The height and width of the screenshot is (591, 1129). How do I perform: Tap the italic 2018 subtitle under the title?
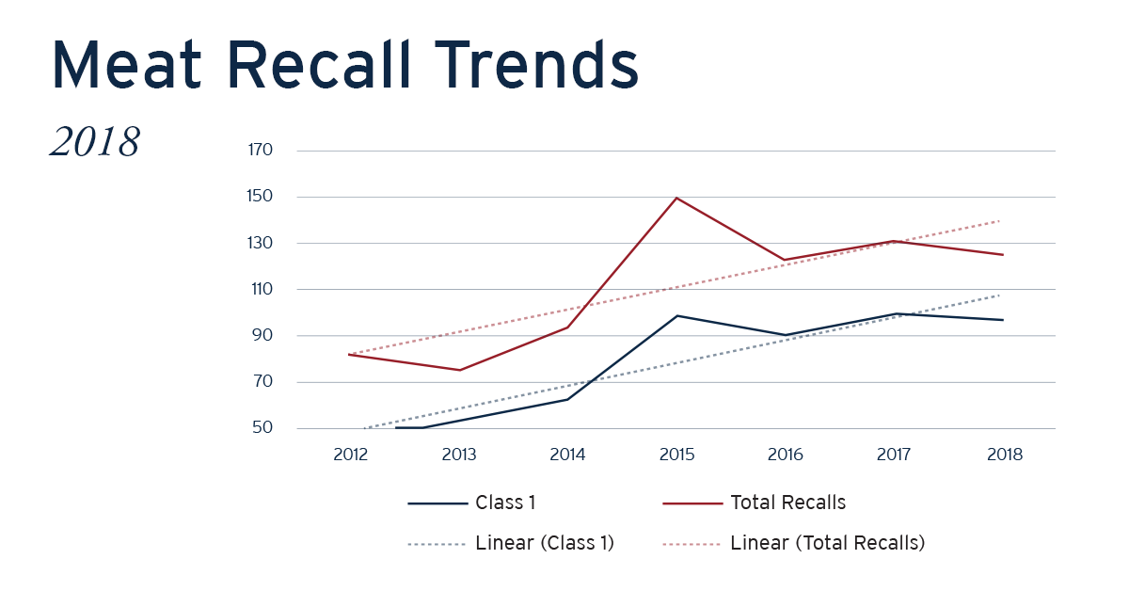(95, 142)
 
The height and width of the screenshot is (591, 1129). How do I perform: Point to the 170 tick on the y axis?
(260, 151)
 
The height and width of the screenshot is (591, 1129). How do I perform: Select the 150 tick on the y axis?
(260, 197)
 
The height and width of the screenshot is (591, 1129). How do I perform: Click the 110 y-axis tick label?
(260, 289)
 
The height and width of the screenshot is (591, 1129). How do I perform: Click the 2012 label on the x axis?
(350, 455)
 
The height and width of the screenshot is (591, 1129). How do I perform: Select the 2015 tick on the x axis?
(676, 455)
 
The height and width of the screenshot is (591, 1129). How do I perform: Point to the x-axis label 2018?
(1003, 455)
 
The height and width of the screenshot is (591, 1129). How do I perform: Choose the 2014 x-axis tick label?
(567, 455)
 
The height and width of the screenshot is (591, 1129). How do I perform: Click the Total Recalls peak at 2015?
(676, 198)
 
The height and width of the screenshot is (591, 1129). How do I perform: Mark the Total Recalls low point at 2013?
(459, 370)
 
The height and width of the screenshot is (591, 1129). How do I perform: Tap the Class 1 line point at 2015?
(676, 315)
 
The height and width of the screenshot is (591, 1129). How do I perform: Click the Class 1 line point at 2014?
(567, 399)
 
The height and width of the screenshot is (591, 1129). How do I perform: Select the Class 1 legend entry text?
(505, 503)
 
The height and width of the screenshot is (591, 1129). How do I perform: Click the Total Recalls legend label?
(787, 503)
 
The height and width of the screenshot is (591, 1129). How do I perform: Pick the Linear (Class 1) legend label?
(545, 543)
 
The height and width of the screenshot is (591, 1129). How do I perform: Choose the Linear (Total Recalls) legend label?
(827, 543)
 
